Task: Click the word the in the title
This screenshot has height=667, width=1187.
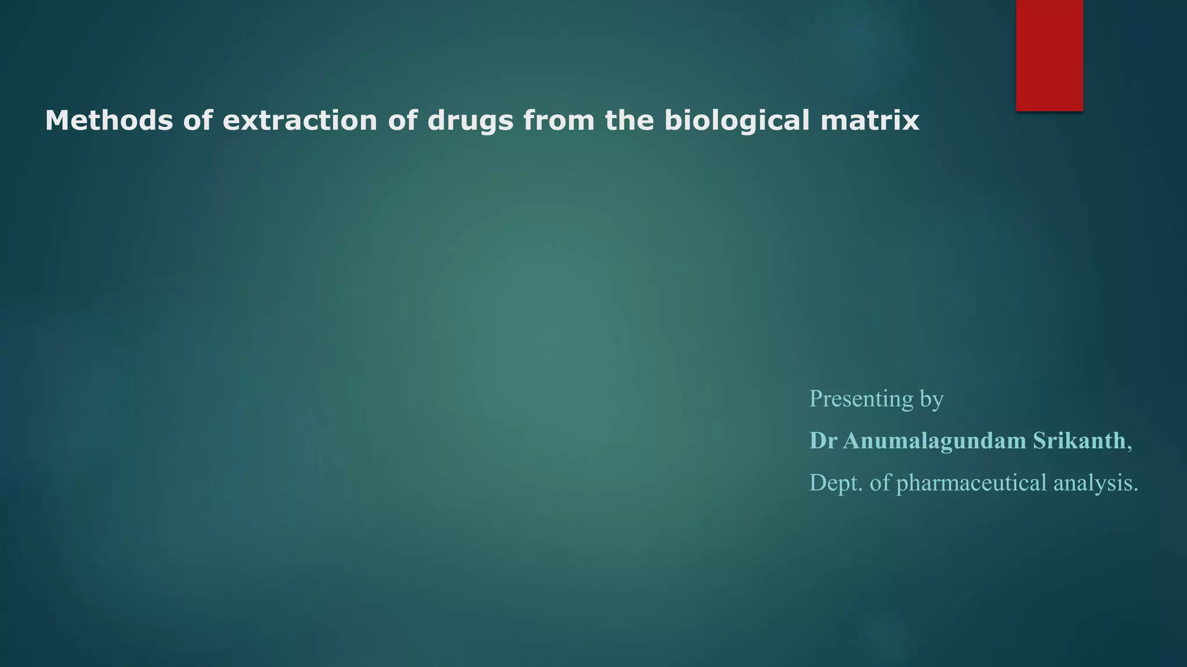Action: pyautogui.click(x=629, y=120)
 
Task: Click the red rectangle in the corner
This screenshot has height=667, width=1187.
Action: pyautogui.click(x=1049, y=55)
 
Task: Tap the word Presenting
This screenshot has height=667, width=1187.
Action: pyautogui.click(x=861, y=399)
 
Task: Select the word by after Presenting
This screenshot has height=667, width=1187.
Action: pyautogui.click(x=931, y=400)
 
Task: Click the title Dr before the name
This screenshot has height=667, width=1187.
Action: pyautogui.click(x=823, y=441)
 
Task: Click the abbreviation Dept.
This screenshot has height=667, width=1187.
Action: pyautogui.click(x=836, y=483)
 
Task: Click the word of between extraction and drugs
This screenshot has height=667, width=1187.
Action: pyautogui.click(x=402, y=120)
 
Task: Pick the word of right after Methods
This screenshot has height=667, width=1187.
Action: pyautogui.click(x=198, y=120)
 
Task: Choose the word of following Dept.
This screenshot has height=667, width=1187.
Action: pyautogui.click(x=880, y=483)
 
